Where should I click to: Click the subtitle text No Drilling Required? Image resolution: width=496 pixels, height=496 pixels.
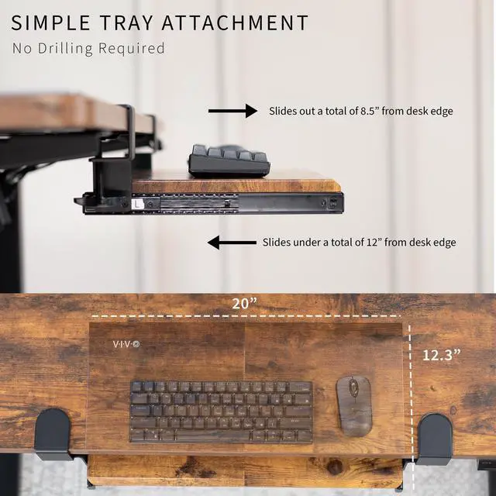[x=88, y=48]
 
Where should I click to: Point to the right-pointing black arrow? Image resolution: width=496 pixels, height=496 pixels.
[x=232, y=112]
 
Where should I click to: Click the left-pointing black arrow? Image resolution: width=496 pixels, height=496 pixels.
[x=232, y=243]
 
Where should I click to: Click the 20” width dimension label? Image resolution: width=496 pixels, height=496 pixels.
[x=245, y=304]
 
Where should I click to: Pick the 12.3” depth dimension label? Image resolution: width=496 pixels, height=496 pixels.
[x=442, y=354]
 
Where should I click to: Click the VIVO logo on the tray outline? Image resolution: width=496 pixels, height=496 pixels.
[x=126, y=343]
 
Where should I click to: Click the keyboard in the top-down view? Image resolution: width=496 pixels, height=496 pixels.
[x=221, y=412]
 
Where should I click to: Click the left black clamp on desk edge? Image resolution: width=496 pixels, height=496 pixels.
[x=55, y=433]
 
